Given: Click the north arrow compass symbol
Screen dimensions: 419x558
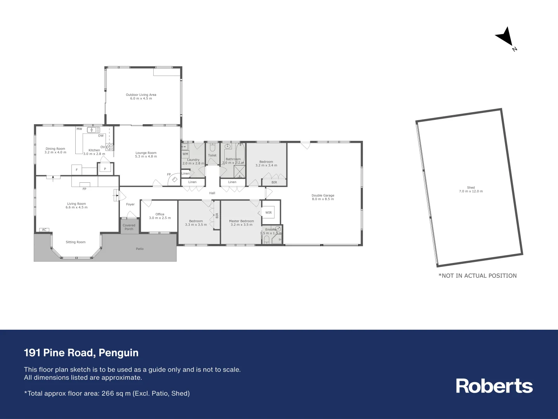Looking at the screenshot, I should tap(505, 37).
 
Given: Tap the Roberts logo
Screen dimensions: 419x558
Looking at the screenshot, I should tap(494, 386).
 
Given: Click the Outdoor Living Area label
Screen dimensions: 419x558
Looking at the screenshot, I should tap(141, 95).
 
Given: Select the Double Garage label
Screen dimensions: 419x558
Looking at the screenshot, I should tap(322, 196).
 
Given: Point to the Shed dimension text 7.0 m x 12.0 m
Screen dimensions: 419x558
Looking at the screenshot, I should tap(471, 191).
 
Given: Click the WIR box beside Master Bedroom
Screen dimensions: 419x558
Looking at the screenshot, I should tap(269, 213).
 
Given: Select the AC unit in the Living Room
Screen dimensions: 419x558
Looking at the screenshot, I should tap(44, 230).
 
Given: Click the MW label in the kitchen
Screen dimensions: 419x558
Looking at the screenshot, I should tap(79, 129).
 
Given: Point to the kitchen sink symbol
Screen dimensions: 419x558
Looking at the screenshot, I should tap(93, 130).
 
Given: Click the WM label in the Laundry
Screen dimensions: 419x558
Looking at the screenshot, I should tap(185, 154).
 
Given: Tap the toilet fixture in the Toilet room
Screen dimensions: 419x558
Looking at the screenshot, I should tap(212, 147).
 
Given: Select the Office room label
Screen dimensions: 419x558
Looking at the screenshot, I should tap(160, 214).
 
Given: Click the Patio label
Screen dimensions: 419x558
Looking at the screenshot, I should tap(140, 249).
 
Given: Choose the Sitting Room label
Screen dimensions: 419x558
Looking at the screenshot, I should tap(76, 242).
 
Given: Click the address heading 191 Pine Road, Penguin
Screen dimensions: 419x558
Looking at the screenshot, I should tap(81, 353).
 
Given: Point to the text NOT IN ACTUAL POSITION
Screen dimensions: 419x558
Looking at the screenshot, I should tap(478, 276).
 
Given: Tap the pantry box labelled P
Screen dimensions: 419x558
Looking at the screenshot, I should tap(105, 169).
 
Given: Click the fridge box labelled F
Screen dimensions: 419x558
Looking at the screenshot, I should tap(76, 170).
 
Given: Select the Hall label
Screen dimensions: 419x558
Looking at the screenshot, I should tap(212, 193).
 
